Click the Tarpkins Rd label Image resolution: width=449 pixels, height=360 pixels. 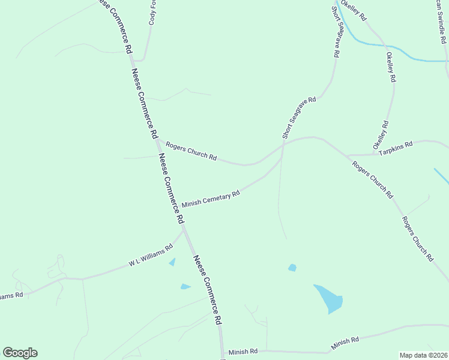tap(396, 145)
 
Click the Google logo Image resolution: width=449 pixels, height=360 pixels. tap(20, 353)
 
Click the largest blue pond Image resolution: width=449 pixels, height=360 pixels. tap(328, 298)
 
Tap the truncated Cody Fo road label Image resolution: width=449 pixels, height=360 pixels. tap(152, 13)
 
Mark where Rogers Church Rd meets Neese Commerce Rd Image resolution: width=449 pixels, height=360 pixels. tap(155, 139)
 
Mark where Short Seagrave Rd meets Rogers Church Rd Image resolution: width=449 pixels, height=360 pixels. tap(283, 144)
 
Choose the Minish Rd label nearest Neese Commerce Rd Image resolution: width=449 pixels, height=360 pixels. tap(243, 351)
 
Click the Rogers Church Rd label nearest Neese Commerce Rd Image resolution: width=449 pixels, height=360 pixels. tap(191, 151)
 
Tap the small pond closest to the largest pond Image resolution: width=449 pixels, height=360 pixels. tap(292, 268)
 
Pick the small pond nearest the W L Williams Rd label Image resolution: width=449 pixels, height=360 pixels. tap(173, 262)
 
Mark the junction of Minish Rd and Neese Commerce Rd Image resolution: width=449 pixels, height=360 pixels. tap(222, 350)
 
